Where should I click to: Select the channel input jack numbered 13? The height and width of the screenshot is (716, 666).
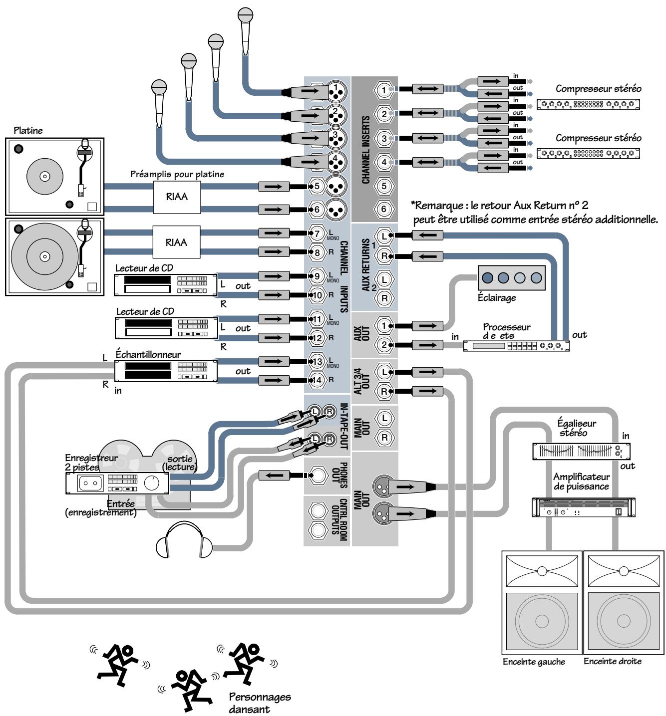317,361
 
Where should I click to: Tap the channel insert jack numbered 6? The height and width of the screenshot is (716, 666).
383,209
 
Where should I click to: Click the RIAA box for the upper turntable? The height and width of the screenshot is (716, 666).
177,197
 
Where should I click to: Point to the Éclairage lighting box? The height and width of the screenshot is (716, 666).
511,278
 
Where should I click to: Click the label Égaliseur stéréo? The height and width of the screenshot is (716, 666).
576,428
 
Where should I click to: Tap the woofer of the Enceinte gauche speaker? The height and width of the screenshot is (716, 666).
542,621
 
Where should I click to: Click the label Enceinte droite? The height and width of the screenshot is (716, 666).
613,662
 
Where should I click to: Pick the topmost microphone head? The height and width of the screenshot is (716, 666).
245,15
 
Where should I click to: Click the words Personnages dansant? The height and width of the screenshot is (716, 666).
259,703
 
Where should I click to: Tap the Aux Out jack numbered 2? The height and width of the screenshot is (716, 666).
383,345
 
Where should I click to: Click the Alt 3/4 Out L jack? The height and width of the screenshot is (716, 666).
383,372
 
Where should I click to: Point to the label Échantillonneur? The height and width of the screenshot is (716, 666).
148,354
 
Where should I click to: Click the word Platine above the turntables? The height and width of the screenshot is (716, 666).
28,131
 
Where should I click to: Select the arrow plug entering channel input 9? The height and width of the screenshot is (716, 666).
274,276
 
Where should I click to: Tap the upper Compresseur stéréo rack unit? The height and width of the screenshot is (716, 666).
588,105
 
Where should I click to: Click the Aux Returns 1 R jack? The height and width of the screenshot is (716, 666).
383,256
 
